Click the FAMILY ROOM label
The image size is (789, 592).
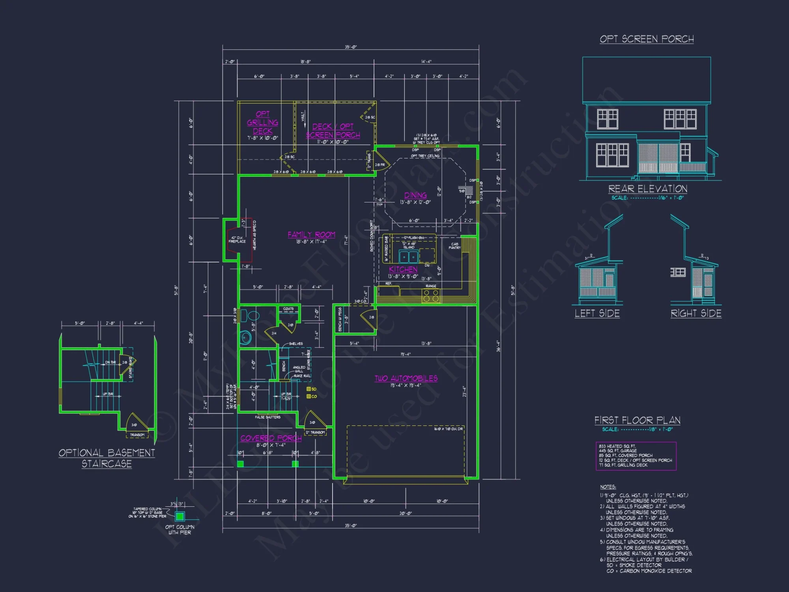pos(311,234)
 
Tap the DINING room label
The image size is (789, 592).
pos(415,195)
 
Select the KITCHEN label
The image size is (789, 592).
pos(403,269)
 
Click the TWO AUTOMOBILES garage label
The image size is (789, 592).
pos(406,378)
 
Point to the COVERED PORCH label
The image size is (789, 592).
pos(271,438)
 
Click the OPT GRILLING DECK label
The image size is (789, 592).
pos(263,122)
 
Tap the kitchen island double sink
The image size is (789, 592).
pos(408,257)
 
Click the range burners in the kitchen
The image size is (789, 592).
pos(431,296)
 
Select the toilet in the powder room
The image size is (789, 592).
pos(251,316)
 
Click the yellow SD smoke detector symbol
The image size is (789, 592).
pos(309,389)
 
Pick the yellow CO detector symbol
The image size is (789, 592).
pos(309,396)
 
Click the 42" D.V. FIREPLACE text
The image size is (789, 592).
pos(237,240)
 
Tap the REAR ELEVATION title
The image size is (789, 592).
pos(647,189)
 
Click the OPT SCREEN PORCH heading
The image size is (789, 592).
pos(647,39)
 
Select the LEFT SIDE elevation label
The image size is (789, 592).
pos(597,313)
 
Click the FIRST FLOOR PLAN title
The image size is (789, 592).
pos(637,420)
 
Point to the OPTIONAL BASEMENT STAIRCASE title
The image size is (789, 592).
pos(107,458)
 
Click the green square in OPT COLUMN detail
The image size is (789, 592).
pos(180,516)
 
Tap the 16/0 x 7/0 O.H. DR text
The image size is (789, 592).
pos(448,429)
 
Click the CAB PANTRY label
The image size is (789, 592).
pos(454,245)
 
